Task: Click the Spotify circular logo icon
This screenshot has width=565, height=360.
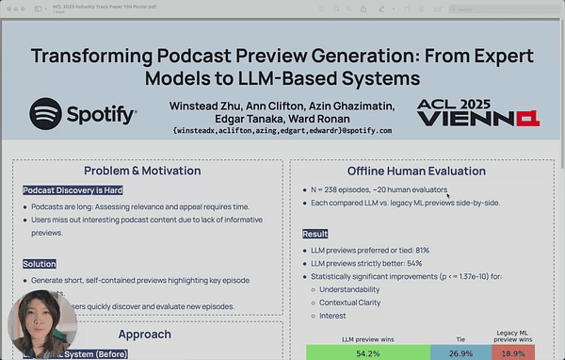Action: pos(46,115)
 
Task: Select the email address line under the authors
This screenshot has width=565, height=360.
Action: pos(282,130)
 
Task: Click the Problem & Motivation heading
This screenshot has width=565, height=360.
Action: pos(142,171)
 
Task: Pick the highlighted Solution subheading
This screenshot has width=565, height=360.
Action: pos(40,264)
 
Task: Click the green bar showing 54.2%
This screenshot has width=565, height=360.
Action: pos(367,352)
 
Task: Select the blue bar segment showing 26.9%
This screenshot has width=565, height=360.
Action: pos(460,352)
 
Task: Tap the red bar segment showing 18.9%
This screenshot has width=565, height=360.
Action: pos(512,352)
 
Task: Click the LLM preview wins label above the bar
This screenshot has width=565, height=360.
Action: pos(367,336)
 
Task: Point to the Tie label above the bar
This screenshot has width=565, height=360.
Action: pos(460,336)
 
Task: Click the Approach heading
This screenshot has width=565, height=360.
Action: pos(144,334)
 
